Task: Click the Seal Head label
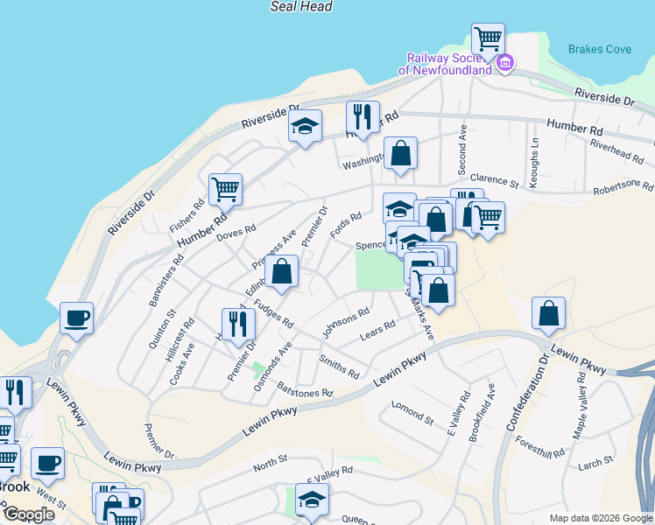[x=301, y=7]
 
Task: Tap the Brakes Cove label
[x=599, y=49]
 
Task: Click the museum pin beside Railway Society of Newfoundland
[x=505, y=63]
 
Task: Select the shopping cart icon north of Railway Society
[x=488, y=38]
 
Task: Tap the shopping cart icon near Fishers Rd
[x=225, y=188]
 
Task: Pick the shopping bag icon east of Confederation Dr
[x=548, y=313]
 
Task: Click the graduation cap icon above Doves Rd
[x=306, y=127]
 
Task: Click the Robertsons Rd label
[x=623, y=187]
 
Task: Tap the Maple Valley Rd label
[x=581, y=404]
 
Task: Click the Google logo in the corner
[x=30, y=515]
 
